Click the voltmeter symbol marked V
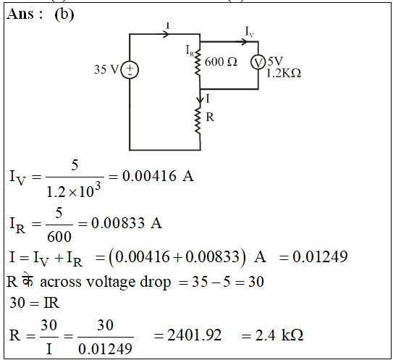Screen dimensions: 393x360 coord(258,62)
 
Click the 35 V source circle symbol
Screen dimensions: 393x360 coord(130,70)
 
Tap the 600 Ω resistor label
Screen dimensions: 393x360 coord(221,62)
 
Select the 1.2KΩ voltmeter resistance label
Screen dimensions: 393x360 coord(284,73)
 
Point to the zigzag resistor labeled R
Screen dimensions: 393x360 coord(198,120)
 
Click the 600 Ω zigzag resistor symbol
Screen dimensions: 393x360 coord(198,63)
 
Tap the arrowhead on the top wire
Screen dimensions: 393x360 coord(167,34)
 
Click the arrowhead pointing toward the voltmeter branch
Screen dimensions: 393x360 coord(244,42)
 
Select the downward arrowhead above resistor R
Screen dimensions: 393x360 coord(200,100)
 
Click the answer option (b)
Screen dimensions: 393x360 coord(64,14)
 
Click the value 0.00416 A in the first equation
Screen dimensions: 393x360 coord(158,176)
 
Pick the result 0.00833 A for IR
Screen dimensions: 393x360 coord(127,223)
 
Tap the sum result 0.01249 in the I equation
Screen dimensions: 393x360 coord(320,256)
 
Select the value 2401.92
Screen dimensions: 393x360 coord(194,335)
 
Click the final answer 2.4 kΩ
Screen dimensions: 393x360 coord(279,335)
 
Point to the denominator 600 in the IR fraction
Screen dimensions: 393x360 coord(59,237)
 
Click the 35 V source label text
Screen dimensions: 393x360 coord(106,70)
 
